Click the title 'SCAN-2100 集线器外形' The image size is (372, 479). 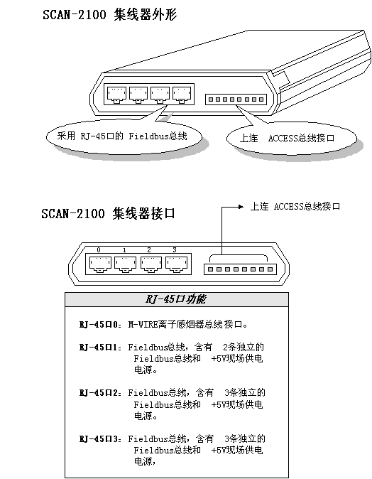pyautogui.click(x=109, y=15)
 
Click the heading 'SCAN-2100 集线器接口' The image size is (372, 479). pyautogui.click(x=108, y=213)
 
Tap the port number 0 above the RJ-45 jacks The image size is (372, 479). pyautogui.click(x=98, y=250)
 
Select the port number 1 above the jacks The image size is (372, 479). pyautogui.click(x=124, y=250)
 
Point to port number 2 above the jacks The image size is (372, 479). pyautogui.click(x=149, y=250)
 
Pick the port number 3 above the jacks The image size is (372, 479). pyautogui.click(x=175, y=250)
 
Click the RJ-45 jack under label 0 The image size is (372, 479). pyautogui.click(x=100, y=264)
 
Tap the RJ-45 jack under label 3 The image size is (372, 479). pyautogui.click(x=176, y=264)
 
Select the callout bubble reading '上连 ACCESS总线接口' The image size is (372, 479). pyautogui.click(x=292, y=139)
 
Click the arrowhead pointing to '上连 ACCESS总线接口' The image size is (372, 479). pyautogui.click(x=241, y=207)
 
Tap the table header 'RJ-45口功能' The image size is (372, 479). pyautogui.click(x=176, y=299)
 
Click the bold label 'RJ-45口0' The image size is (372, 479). pyautogui.click(x=100, y=324)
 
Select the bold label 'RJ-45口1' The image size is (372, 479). pyautogui.click(x=100, y=348)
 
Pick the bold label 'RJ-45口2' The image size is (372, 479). pyautogui.click(x=100, y=393)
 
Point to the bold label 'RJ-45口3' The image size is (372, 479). pyautogui.click(x=100, y=439)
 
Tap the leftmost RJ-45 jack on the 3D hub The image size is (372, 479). pyautogui.click(x=116, y=95)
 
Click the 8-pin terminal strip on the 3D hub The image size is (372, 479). pyautogui.click(x=236, y=99)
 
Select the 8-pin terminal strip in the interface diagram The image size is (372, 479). pyautogui.click(x=240, y=269)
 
